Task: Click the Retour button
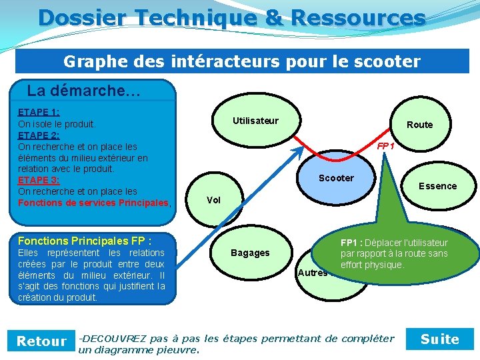[41, 341]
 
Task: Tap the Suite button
[440, 339]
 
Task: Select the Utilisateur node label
[255, 121]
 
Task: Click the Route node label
[419, 125]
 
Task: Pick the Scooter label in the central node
[336, 178]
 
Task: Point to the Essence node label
[437, 186]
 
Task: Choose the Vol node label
[213, 200]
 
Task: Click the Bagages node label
[250, 253]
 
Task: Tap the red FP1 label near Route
[385, 146]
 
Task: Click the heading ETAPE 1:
[39, 113]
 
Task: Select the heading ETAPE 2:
[39, 135]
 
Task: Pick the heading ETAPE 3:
[39, 180]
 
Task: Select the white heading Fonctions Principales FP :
[85, 241]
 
